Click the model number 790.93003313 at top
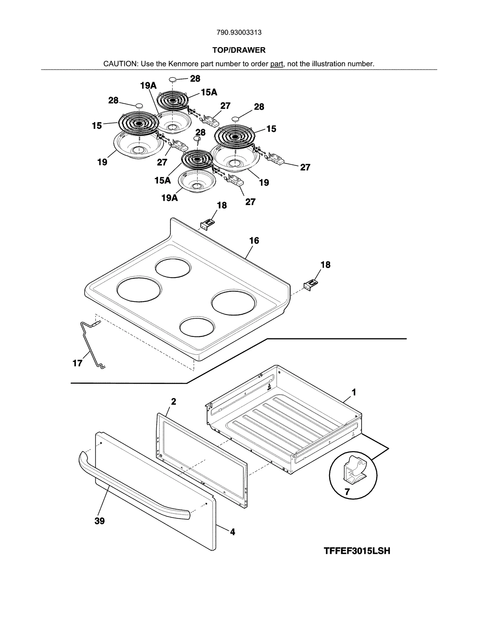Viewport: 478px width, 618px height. [x=239, y=33]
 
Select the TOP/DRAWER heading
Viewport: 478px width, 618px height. [x=239, y=50]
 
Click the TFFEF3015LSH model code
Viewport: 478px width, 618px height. [x=357, y=551]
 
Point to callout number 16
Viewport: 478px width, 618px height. [x=254, y=241]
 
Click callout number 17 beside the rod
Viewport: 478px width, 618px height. [x=77, y=363]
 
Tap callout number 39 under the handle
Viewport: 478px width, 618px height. [x=99, y=521]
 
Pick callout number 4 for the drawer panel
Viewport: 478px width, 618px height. [x=232, y=532]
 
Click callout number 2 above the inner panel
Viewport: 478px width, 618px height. [x=173, y=402]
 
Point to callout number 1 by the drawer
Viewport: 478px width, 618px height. [x=354, y=392]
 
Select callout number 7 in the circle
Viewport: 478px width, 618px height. [x=347, y=491]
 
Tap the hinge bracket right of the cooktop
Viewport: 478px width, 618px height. [x=311, y=285]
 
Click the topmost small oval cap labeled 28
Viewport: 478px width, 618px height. [x=173, y=79]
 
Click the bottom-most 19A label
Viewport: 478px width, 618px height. [x=170, y=198]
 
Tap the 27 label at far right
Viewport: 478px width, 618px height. [x=305, y=167]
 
